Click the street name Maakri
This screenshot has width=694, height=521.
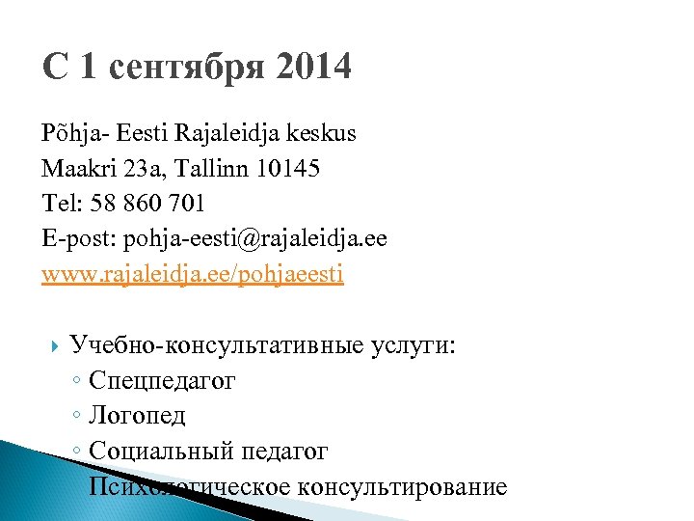coord(76,169)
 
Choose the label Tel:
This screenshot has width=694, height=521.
coord(63,204)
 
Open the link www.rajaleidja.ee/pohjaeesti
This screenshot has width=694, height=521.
coord(192,274)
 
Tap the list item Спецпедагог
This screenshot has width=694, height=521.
coord(161,381)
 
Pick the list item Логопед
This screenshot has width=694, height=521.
coord(137,416)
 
